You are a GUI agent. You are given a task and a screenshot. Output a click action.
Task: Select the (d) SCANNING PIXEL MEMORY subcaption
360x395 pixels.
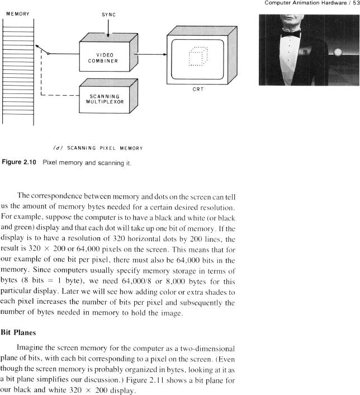pos(98,148)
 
